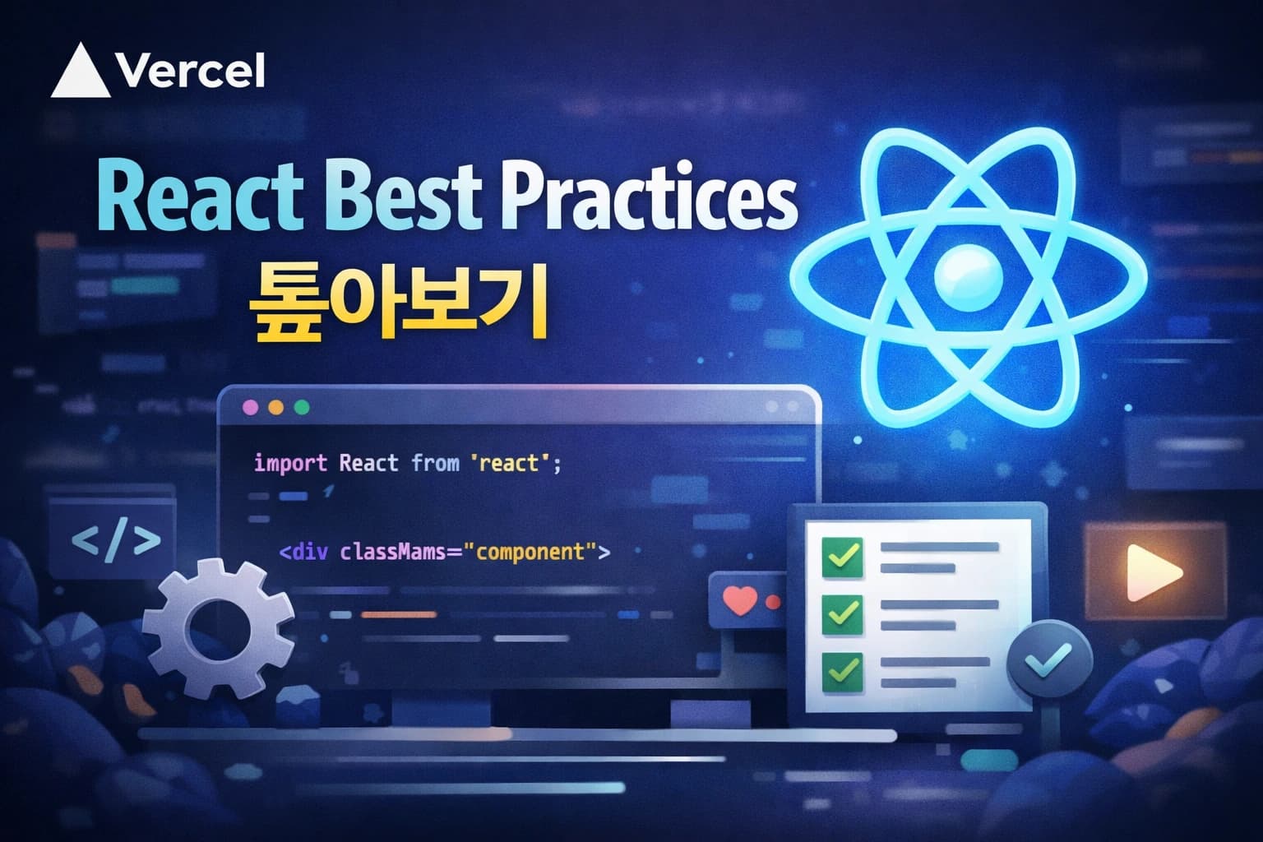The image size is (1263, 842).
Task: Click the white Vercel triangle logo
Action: pos(80,72)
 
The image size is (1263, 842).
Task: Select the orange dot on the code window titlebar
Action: pos(276,408)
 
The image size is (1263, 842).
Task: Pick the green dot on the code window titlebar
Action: pos(301,408)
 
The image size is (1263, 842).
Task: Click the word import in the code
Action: pos(290,463)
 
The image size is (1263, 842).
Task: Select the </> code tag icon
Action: pos(115,541)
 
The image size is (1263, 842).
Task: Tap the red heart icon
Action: pos(740,600)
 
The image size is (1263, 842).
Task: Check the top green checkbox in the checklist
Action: pos(843,557)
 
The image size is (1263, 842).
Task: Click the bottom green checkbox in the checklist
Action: pos(843,671)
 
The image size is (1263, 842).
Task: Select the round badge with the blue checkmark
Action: pos(1050,659)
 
